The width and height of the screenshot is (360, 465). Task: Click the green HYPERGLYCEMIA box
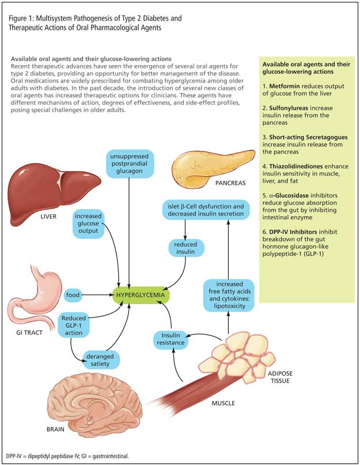click(141, 296)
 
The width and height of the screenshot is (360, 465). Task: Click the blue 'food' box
click(73, 296)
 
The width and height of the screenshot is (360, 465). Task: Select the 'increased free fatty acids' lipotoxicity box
click(230, 295)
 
